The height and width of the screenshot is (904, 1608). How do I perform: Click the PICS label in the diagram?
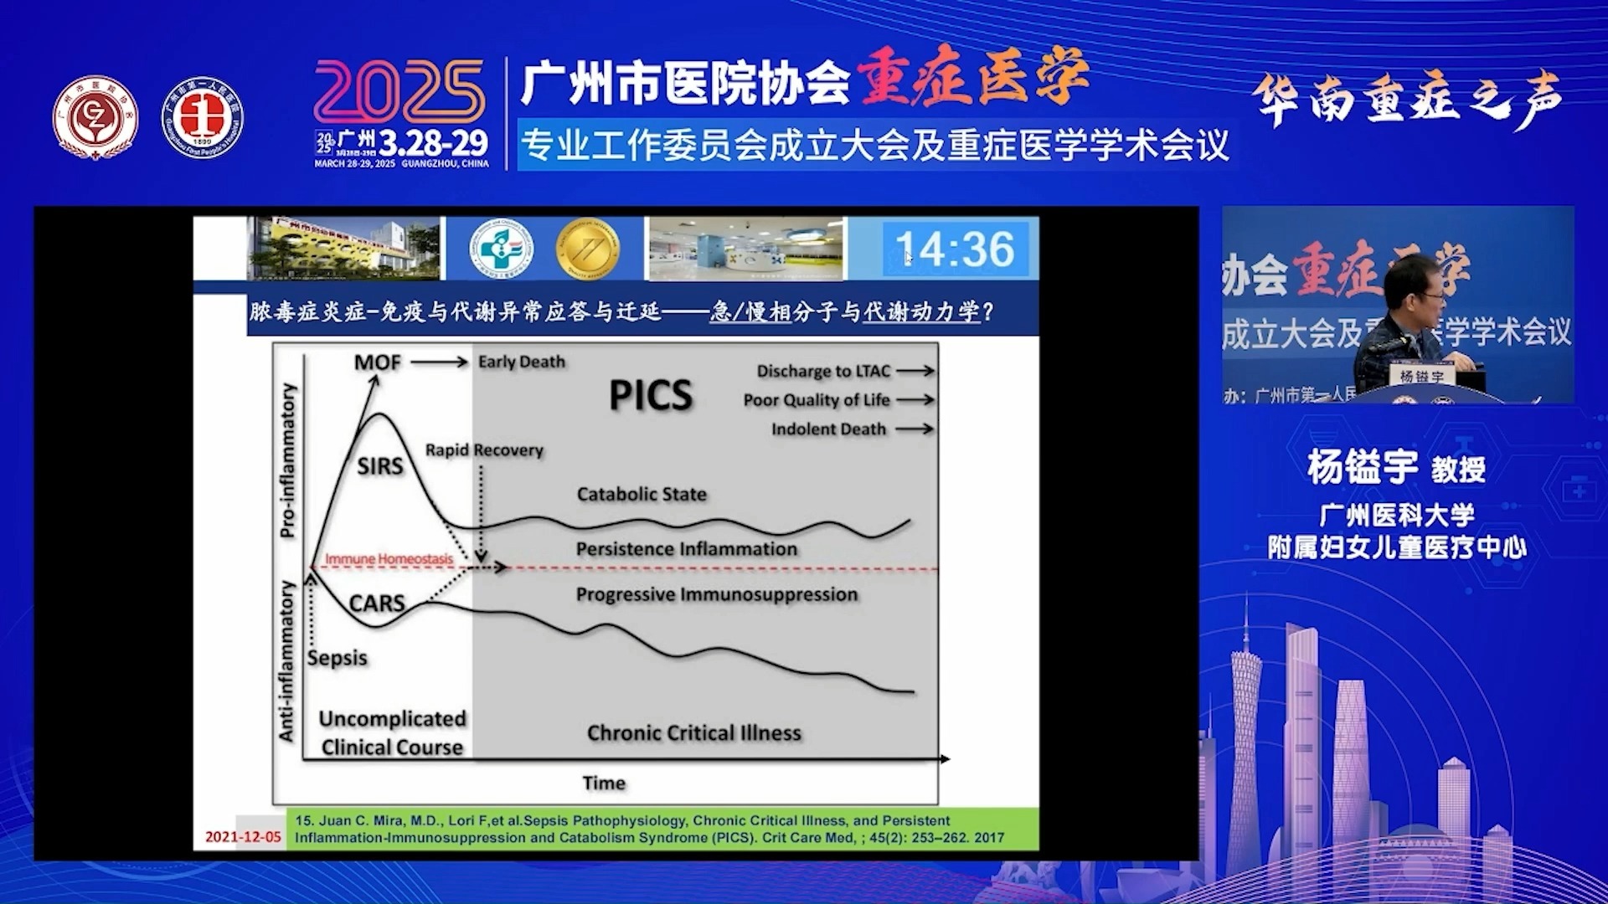650,395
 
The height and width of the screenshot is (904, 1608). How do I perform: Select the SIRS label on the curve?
379,465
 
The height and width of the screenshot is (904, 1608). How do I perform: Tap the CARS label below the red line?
376,603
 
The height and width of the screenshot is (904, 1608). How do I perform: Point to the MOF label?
377,362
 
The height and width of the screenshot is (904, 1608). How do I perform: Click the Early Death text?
521,362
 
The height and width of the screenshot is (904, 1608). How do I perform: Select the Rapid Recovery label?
484,450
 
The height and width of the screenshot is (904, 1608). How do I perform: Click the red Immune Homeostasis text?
389,558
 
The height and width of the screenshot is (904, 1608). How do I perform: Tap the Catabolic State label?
641,494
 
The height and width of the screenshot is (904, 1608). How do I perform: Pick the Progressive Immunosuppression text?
716,594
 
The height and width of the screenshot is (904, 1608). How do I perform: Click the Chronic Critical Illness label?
693,733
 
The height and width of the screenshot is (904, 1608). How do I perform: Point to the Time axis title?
604,783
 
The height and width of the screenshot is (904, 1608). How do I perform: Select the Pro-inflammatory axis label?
287,460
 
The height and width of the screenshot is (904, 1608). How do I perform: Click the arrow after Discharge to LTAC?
915,371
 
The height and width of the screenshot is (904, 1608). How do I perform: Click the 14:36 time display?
955,249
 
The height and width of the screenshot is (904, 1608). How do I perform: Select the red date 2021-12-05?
243,836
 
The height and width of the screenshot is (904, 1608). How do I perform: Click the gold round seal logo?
588,249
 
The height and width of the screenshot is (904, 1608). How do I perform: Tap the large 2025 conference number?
399,92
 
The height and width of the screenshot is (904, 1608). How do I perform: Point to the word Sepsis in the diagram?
337,658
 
